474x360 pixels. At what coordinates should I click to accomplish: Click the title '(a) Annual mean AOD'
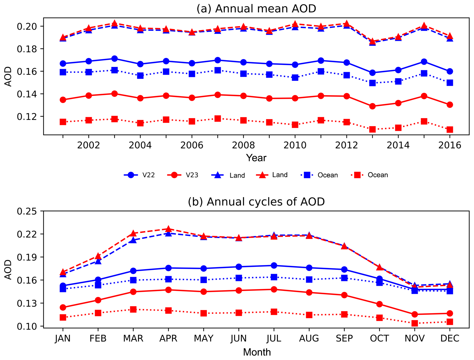(256, 9)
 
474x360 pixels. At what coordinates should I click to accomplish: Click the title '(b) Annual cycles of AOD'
(256, 202)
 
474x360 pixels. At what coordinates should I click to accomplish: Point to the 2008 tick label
(243, 145)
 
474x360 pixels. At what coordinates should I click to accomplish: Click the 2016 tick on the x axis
(450, 145)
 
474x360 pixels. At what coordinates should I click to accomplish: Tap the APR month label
(168, 338)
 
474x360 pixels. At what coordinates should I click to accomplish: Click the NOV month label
(414, 338)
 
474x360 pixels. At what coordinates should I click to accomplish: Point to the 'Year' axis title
(256, 158)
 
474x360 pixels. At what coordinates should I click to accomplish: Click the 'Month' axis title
(257, 352)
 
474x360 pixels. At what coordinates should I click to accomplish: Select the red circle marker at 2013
(372, 106)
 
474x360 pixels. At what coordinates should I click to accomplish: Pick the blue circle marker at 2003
(114, 59)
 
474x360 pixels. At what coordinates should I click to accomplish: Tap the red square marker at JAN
(63, 317)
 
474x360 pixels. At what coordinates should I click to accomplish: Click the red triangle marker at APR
(168, 229)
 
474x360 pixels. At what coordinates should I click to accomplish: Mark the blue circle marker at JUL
(274, 265)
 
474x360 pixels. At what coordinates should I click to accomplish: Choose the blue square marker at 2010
(295, 78)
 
